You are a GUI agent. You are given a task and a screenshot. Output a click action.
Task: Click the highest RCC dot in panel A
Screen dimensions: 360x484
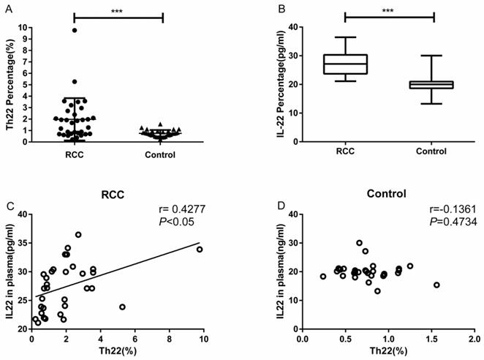pos(75,30)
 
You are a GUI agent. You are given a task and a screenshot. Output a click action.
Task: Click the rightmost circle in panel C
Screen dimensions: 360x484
pos(200,250)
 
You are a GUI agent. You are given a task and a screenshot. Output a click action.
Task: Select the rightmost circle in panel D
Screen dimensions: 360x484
pos(436,285)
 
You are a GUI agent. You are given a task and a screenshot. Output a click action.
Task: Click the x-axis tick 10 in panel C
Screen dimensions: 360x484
pos(204,339)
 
